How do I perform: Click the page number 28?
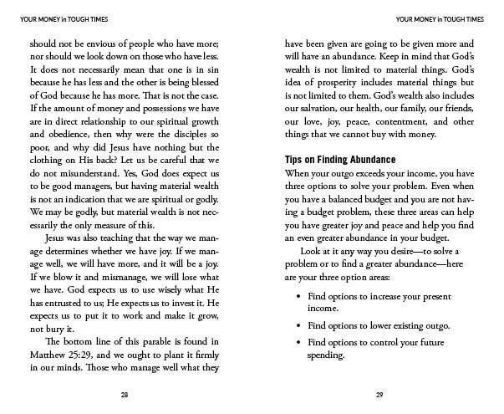pyautogui.click(x=123, y=395)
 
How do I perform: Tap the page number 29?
pyautogui.click(x=380, y=395)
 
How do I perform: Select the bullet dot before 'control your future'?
pyautogui.click(x=299, y=342)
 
